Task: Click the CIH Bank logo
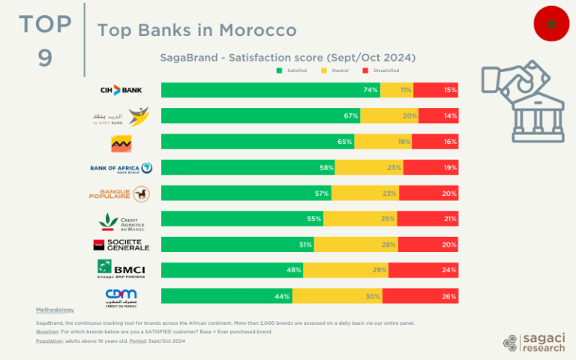click(121, 90)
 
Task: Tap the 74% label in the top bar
click(370, 90)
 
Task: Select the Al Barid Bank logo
click(120, 116)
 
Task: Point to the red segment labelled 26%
click(420, 295)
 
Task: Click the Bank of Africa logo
click(121, 168)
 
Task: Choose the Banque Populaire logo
click(121, 194)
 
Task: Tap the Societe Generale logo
click(121, 244)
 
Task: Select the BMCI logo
click(121, 270)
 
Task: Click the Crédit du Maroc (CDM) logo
click(121, 296)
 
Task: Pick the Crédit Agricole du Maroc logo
click(121, 220)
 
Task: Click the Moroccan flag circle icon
click(551, 23)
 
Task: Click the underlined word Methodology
click(55, 310)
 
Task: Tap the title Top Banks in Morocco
click(196, 30)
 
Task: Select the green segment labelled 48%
click(232, 270)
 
